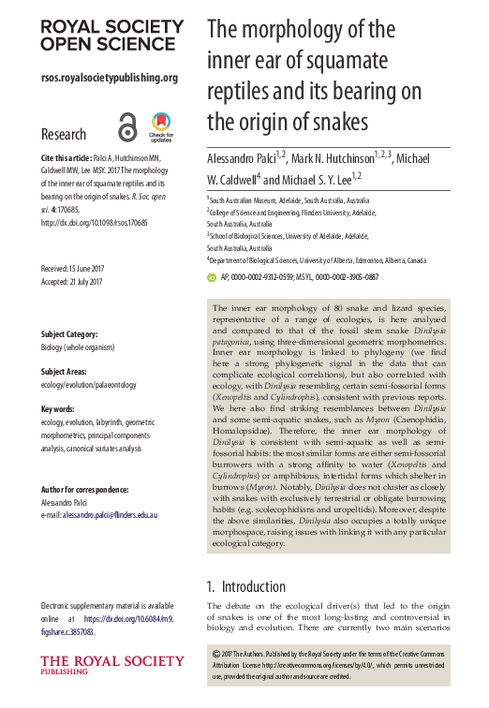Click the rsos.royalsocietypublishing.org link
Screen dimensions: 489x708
coord(109,78)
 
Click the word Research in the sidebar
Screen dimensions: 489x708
coord(64,134)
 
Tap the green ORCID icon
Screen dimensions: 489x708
coord(212,277)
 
